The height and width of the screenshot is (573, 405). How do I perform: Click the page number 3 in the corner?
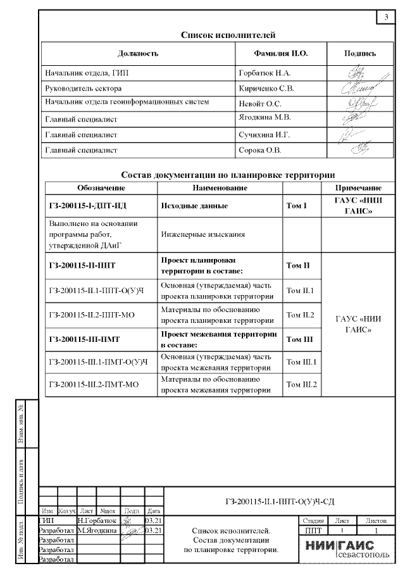click(x=386, y=17)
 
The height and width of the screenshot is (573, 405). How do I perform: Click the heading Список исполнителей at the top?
click(x=228, y=35)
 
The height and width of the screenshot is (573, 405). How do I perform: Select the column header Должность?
click(x=137, y=54)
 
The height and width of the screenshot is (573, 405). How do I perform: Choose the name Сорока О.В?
click(x=259, y=150)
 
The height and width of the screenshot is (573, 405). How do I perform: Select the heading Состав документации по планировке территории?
click(x=227, y=175)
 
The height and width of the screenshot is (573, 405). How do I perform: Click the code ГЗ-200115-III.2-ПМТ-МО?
click(x=93, y=384)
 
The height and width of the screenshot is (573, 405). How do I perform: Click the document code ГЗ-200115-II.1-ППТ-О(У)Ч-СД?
click(x=279, y=502)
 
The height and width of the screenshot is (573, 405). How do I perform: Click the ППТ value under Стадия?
click(x=313, y=530)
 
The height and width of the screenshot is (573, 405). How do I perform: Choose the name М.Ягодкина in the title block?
click(x=98, y=531)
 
